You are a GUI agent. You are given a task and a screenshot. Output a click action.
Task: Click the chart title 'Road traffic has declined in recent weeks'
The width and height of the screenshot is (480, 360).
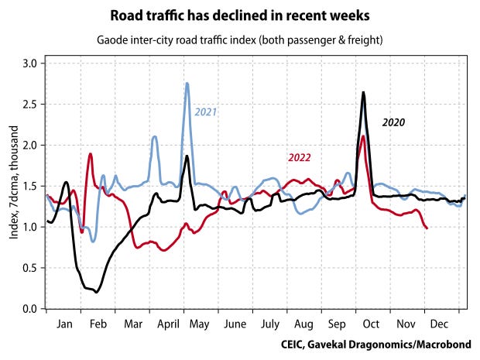[x=240, y=15]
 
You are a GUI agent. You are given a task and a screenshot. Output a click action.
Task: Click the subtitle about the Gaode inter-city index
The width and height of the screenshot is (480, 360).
[x=240, y=40]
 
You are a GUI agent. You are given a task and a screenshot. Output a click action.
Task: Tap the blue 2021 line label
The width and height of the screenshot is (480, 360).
[x=206, y=112]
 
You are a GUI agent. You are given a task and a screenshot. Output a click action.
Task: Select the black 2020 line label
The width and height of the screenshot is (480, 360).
[x=393, y=122]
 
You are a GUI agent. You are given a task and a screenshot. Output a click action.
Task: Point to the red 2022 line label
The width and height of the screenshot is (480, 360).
[x=300, y=158]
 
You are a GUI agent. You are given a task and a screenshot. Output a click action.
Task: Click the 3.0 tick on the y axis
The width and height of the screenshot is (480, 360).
[x=29, y=63]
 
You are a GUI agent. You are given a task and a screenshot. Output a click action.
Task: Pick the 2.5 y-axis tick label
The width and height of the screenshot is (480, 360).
[x=29, y=105]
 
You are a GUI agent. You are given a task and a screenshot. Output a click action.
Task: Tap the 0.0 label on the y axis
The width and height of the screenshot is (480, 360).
[x=29, y=309]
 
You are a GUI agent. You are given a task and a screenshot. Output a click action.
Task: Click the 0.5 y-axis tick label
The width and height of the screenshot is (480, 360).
[x=29, y=268]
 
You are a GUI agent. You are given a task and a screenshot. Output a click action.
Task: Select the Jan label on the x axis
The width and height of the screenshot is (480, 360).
[x=64, y=324]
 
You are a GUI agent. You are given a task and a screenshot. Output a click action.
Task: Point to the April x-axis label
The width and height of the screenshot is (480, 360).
[x=168, y=324]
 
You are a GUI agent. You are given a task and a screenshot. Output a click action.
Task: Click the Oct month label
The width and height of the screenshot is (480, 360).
[x=371, y=324]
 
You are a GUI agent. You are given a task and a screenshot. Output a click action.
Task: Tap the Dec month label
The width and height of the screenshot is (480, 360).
[x=439, y=324]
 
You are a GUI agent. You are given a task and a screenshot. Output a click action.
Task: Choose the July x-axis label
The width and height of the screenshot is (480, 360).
[x=270, y=324]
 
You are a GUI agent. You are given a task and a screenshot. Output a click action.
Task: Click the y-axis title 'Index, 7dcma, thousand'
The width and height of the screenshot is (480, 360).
[x=14, y=183]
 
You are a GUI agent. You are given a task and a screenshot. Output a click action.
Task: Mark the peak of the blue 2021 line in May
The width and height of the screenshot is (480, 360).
[x=187, y=83]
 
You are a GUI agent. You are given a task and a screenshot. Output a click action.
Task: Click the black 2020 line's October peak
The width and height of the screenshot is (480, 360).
[x=363, y=92]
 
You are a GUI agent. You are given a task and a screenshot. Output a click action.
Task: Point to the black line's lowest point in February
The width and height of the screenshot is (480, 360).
[x=97, y=293]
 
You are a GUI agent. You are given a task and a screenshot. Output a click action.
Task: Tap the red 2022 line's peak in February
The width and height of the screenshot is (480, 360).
[x=91, y=153]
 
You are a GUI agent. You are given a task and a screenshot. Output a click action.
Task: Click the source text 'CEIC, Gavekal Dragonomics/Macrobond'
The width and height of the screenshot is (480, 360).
[x=376, y=345]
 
